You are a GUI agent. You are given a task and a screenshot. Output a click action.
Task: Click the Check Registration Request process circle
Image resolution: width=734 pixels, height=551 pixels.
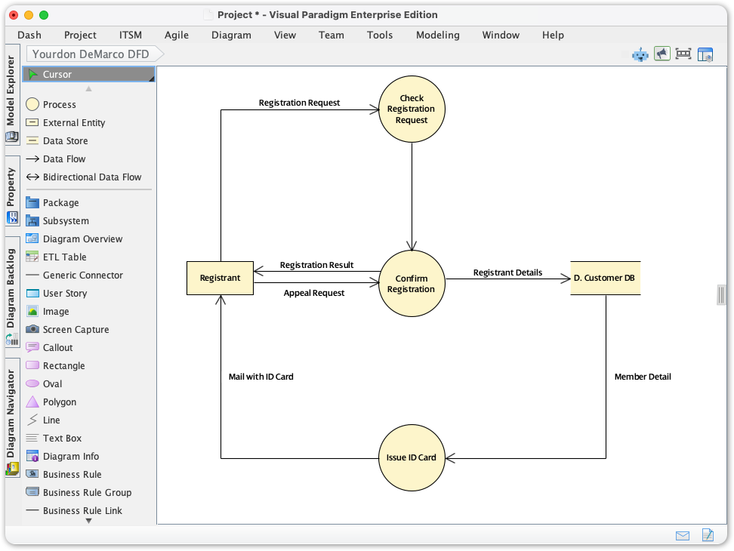point(412,109)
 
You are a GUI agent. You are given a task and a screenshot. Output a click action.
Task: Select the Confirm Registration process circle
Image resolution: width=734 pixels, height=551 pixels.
point(412,284)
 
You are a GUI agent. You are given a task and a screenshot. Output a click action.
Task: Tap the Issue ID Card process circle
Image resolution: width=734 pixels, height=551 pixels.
point(412,457)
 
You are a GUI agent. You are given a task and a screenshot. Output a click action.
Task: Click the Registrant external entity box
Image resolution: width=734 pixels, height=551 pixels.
point(220,278)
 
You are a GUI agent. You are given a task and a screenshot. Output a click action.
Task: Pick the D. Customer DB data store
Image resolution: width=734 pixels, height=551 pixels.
point(605,278)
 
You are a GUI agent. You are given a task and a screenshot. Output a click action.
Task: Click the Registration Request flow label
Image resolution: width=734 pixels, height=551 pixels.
point(299,103)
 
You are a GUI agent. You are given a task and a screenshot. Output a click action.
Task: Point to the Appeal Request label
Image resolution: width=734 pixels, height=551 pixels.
point(314,293)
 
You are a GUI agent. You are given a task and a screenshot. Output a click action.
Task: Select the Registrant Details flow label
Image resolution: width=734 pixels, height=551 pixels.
point(507,272)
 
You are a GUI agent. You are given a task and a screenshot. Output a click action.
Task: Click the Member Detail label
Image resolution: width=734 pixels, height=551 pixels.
point(643,377)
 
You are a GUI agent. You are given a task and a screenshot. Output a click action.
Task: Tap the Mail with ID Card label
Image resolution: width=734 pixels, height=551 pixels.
point(261,377)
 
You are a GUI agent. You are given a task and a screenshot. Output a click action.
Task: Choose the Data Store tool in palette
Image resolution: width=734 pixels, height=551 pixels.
point(65,141)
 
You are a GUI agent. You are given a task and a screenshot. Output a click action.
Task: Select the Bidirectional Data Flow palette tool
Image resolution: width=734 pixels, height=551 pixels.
point(91,177)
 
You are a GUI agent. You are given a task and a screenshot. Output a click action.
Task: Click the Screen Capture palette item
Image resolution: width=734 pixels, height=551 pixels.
point(76,330)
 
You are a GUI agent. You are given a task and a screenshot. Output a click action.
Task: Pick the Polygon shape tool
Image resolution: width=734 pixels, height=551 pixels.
point(59,402)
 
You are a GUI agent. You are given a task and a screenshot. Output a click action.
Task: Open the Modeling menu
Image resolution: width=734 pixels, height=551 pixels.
point(437,35)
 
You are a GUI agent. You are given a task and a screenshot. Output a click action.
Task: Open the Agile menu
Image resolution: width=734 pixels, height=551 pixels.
point(176,35)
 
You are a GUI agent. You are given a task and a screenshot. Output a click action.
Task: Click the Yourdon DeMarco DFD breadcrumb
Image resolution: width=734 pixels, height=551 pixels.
point(91,54)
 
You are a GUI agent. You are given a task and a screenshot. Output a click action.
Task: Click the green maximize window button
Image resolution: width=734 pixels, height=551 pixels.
point(44,15)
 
